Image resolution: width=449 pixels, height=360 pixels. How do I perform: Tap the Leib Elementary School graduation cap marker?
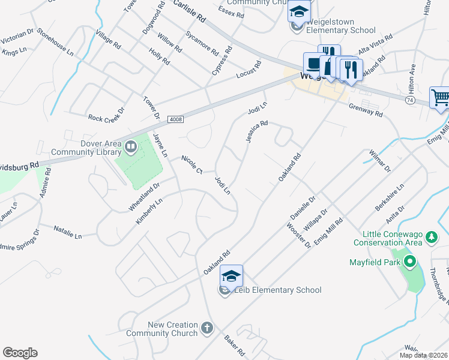coord(231,277)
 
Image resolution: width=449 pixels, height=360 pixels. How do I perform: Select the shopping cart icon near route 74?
coord(440,97)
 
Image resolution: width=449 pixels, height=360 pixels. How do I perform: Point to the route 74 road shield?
coord(410,99)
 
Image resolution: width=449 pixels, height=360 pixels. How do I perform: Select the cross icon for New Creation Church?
coord(206,328)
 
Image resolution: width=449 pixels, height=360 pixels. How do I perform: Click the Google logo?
coord(20,353)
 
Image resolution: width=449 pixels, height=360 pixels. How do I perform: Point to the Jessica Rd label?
coord(256,133)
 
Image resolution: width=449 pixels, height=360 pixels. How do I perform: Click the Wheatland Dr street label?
coord(143,197)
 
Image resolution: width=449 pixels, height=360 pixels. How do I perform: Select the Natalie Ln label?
coord(67,232)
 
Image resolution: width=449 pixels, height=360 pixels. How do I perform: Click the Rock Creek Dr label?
coord(106,115)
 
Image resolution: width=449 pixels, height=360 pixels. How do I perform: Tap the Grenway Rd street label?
coord(367,109)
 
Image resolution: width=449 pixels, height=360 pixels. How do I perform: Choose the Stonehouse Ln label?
coord(55,42)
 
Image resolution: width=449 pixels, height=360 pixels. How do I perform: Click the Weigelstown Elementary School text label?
coord(341,30)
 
